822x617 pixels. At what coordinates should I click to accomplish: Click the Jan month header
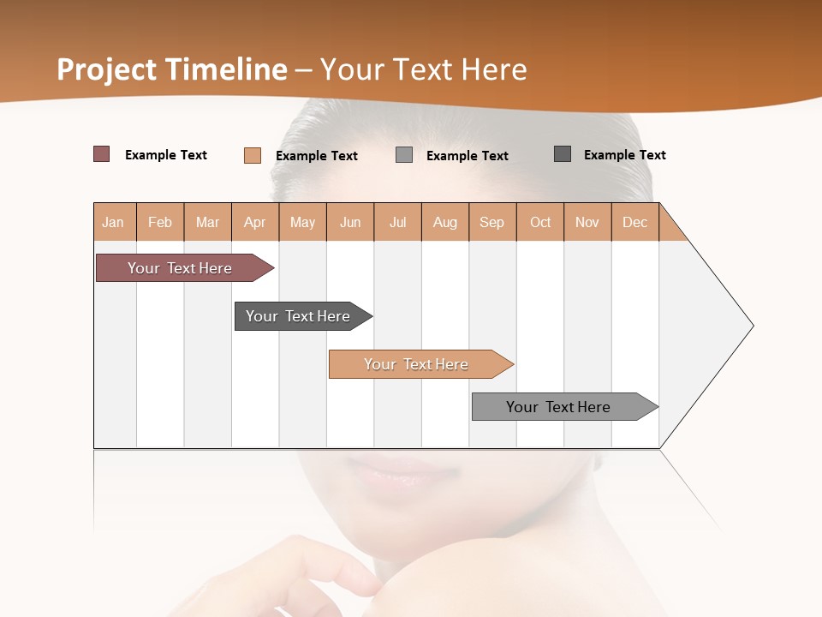pyautogui.click(x=114, y=222)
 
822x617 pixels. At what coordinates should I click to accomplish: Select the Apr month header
pyautogui.click(x=255, y=222)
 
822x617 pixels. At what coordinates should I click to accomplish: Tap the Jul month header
pyautogui.click(x=397, y=222)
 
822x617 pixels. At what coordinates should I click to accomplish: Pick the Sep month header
pyautogui.click(x=491, y=222)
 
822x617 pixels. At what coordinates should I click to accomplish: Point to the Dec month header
pyautogui.click(x=634, y=222)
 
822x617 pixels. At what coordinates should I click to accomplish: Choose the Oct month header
pyautogui.click(x=540, y=222)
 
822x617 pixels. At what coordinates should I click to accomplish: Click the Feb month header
pyautogui.click(x=160, y=222)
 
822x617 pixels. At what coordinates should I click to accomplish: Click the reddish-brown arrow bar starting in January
pyautogui.click(x=180, y=268)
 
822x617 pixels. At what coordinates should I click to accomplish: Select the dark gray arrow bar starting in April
pyautogui.click(x=298, y=316)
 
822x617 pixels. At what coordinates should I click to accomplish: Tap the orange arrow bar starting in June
pyautogui.click(x=416, y=364)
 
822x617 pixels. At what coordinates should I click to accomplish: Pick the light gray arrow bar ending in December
pyautogui.click(x=558, y=407)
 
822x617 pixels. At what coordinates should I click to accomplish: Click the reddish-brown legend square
pyautogui.click(x=101, y=154)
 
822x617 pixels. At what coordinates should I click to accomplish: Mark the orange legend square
pyautogui.click(x=252, y=155)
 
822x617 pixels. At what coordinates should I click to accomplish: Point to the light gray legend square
pyautogui.click(x=404, y=155)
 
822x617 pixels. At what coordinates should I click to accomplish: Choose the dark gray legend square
pyautogui.click(x=563, y=154)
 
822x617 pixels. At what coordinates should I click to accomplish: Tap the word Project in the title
pyautogui.click(x=108, y=69)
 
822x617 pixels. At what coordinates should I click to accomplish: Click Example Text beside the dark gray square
pyautogui.click(x=624, y=155)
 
